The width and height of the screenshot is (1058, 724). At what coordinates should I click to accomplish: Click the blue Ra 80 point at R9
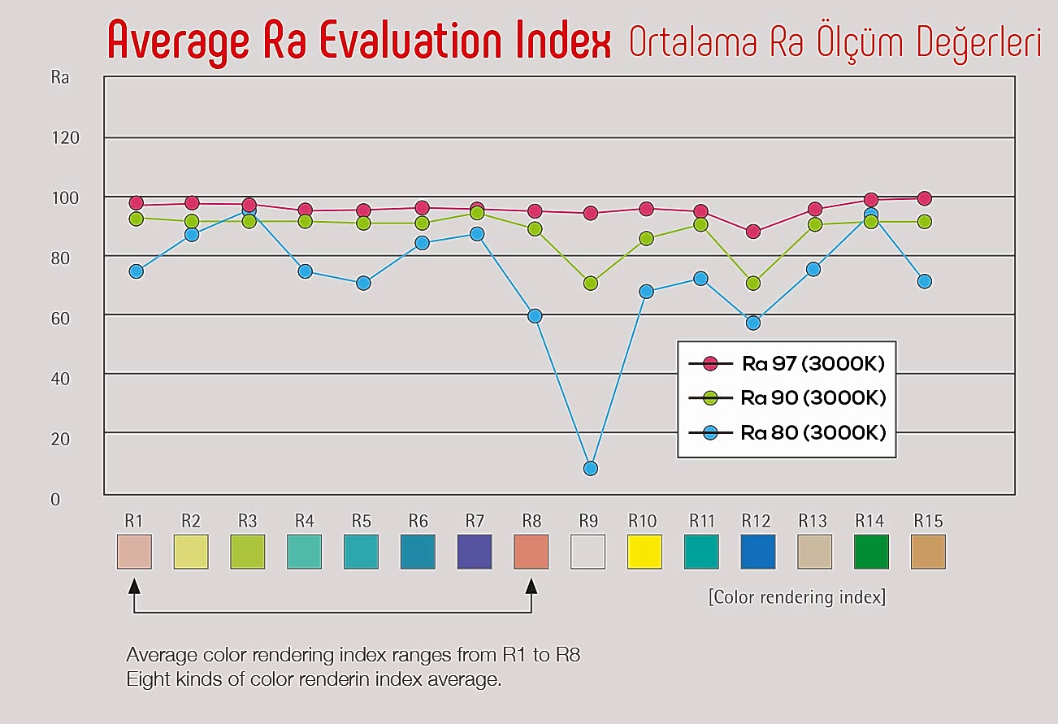pos(591,468)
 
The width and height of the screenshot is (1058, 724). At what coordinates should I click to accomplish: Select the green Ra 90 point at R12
pos(753,284)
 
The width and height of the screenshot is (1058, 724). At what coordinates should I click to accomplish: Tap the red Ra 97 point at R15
pos(924,198)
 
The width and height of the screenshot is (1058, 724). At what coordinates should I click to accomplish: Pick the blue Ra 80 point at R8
pos(534,316)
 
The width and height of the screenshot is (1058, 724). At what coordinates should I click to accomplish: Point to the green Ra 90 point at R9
pos(591,284)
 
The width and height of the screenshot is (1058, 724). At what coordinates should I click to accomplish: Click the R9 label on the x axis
pos(588,520)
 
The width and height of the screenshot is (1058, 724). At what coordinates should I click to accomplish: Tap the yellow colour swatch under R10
pos(644,552)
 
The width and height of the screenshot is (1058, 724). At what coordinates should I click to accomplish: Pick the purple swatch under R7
pos(475,552)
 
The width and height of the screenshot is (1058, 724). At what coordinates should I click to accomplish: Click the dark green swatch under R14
pos(871,552)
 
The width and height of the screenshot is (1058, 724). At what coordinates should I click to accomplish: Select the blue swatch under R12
pos(758,552)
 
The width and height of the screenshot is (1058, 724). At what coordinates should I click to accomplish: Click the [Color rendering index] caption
pos(796,597)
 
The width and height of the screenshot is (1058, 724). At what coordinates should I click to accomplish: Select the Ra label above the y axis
pos(59,79)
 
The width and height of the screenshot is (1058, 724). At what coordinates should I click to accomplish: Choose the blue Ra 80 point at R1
pos(136,271)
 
